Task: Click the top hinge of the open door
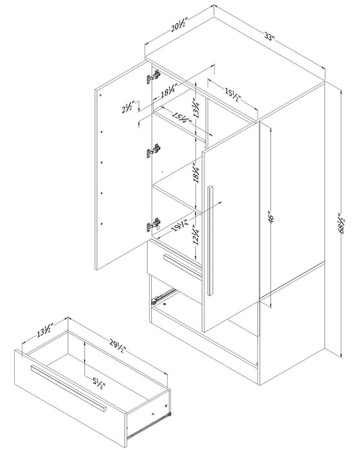[x=153, y=78]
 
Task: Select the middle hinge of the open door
[x=153, y=151]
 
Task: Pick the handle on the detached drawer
[x=67, y=388]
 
